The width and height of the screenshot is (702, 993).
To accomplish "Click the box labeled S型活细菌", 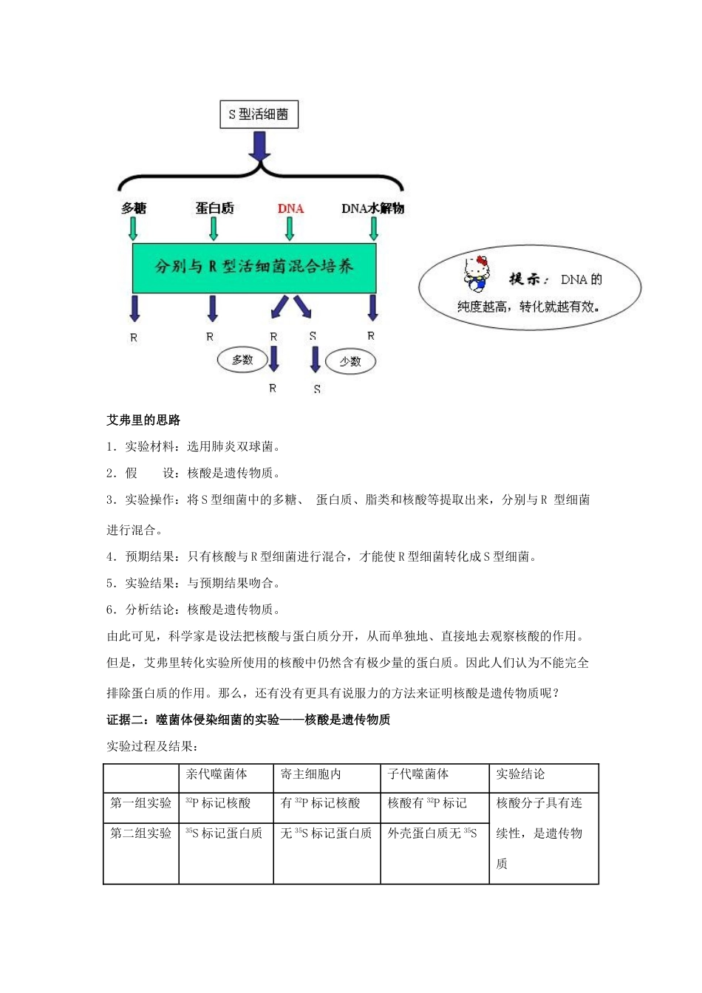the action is (259, 115).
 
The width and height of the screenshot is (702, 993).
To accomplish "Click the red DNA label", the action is (290, 208).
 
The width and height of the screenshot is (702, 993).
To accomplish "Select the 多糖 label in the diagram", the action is (134, 208).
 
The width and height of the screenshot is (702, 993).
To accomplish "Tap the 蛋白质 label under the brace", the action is (214, 208).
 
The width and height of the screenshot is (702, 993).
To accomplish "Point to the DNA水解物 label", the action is (372, 208).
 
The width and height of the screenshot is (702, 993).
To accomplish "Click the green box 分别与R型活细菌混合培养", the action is (254, 267).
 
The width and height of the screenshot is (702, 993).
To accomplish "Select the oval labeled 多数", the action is (242, 360).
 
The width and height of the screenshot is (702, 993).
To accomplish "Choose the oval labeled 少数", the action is (350, 361).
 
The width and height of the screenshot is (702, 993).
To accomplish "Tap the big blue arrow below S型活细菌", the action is (259, 146).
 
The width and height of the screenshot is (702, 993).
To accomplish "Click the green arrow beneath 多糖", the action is (133, 228).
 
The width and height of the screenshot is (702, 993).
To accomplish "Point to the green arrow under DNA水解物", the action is (374, 228).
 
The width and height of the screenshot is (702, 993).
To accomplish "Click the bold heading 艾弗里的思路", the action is (143, 420).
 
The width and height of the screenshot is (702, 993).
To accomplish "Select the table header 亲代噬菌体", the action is (217, 774).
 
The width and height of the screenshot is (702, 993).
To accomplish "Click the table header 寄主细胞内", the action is (310, 774).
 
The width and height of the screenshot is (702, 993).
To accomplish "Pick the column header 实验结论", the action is (520, 774).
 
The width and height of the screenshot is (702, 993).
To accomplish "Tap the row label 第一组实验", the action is (140, 803).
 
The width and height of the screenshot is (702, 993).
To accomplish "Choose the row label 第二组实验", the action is (140, 833).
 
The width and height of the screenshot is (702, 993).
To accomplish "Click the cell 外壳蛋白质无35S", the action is (432, 833).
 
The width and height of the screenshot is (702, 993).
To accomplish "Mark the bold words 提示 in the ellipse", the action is (527, 279).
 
